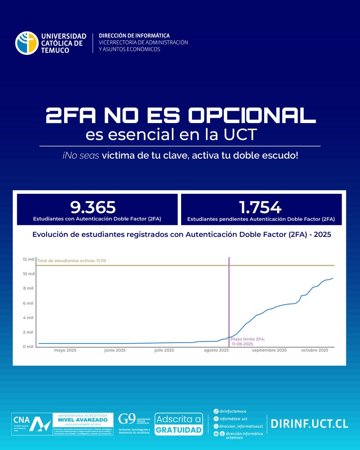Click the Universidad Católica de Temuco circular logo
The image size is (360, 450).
coord(27,43)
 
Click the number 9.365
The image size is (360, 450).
coord(93,207)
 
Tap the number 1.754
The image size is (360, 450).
coord(260,207)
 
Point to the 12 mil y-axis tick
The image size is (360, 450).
coord(29,259)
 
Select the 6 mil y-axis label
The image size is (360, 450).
coord(29,303)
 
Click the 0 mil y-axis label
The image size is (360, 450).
coord(29,347)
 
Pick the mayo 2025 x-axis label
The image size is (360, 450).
coord(65,350)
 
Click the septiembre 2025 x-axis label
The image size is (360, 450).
coord(269,350)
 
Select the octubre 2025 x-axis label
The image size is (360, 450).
coord(315,350)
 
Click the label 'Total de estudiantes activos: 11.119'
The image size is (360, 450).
coord(71,261)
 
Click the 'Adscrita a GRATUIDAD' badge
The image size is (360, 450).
coord(179,424)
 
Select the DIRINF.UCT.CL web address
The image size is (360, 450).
coord(309,424)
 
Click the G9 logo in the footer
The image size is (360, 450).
coord(127,419)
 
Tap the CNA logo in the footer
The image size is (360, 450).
coord(31,424)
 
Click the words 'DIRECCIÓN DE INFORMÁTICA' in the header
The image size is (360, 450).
coord(134,36)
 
